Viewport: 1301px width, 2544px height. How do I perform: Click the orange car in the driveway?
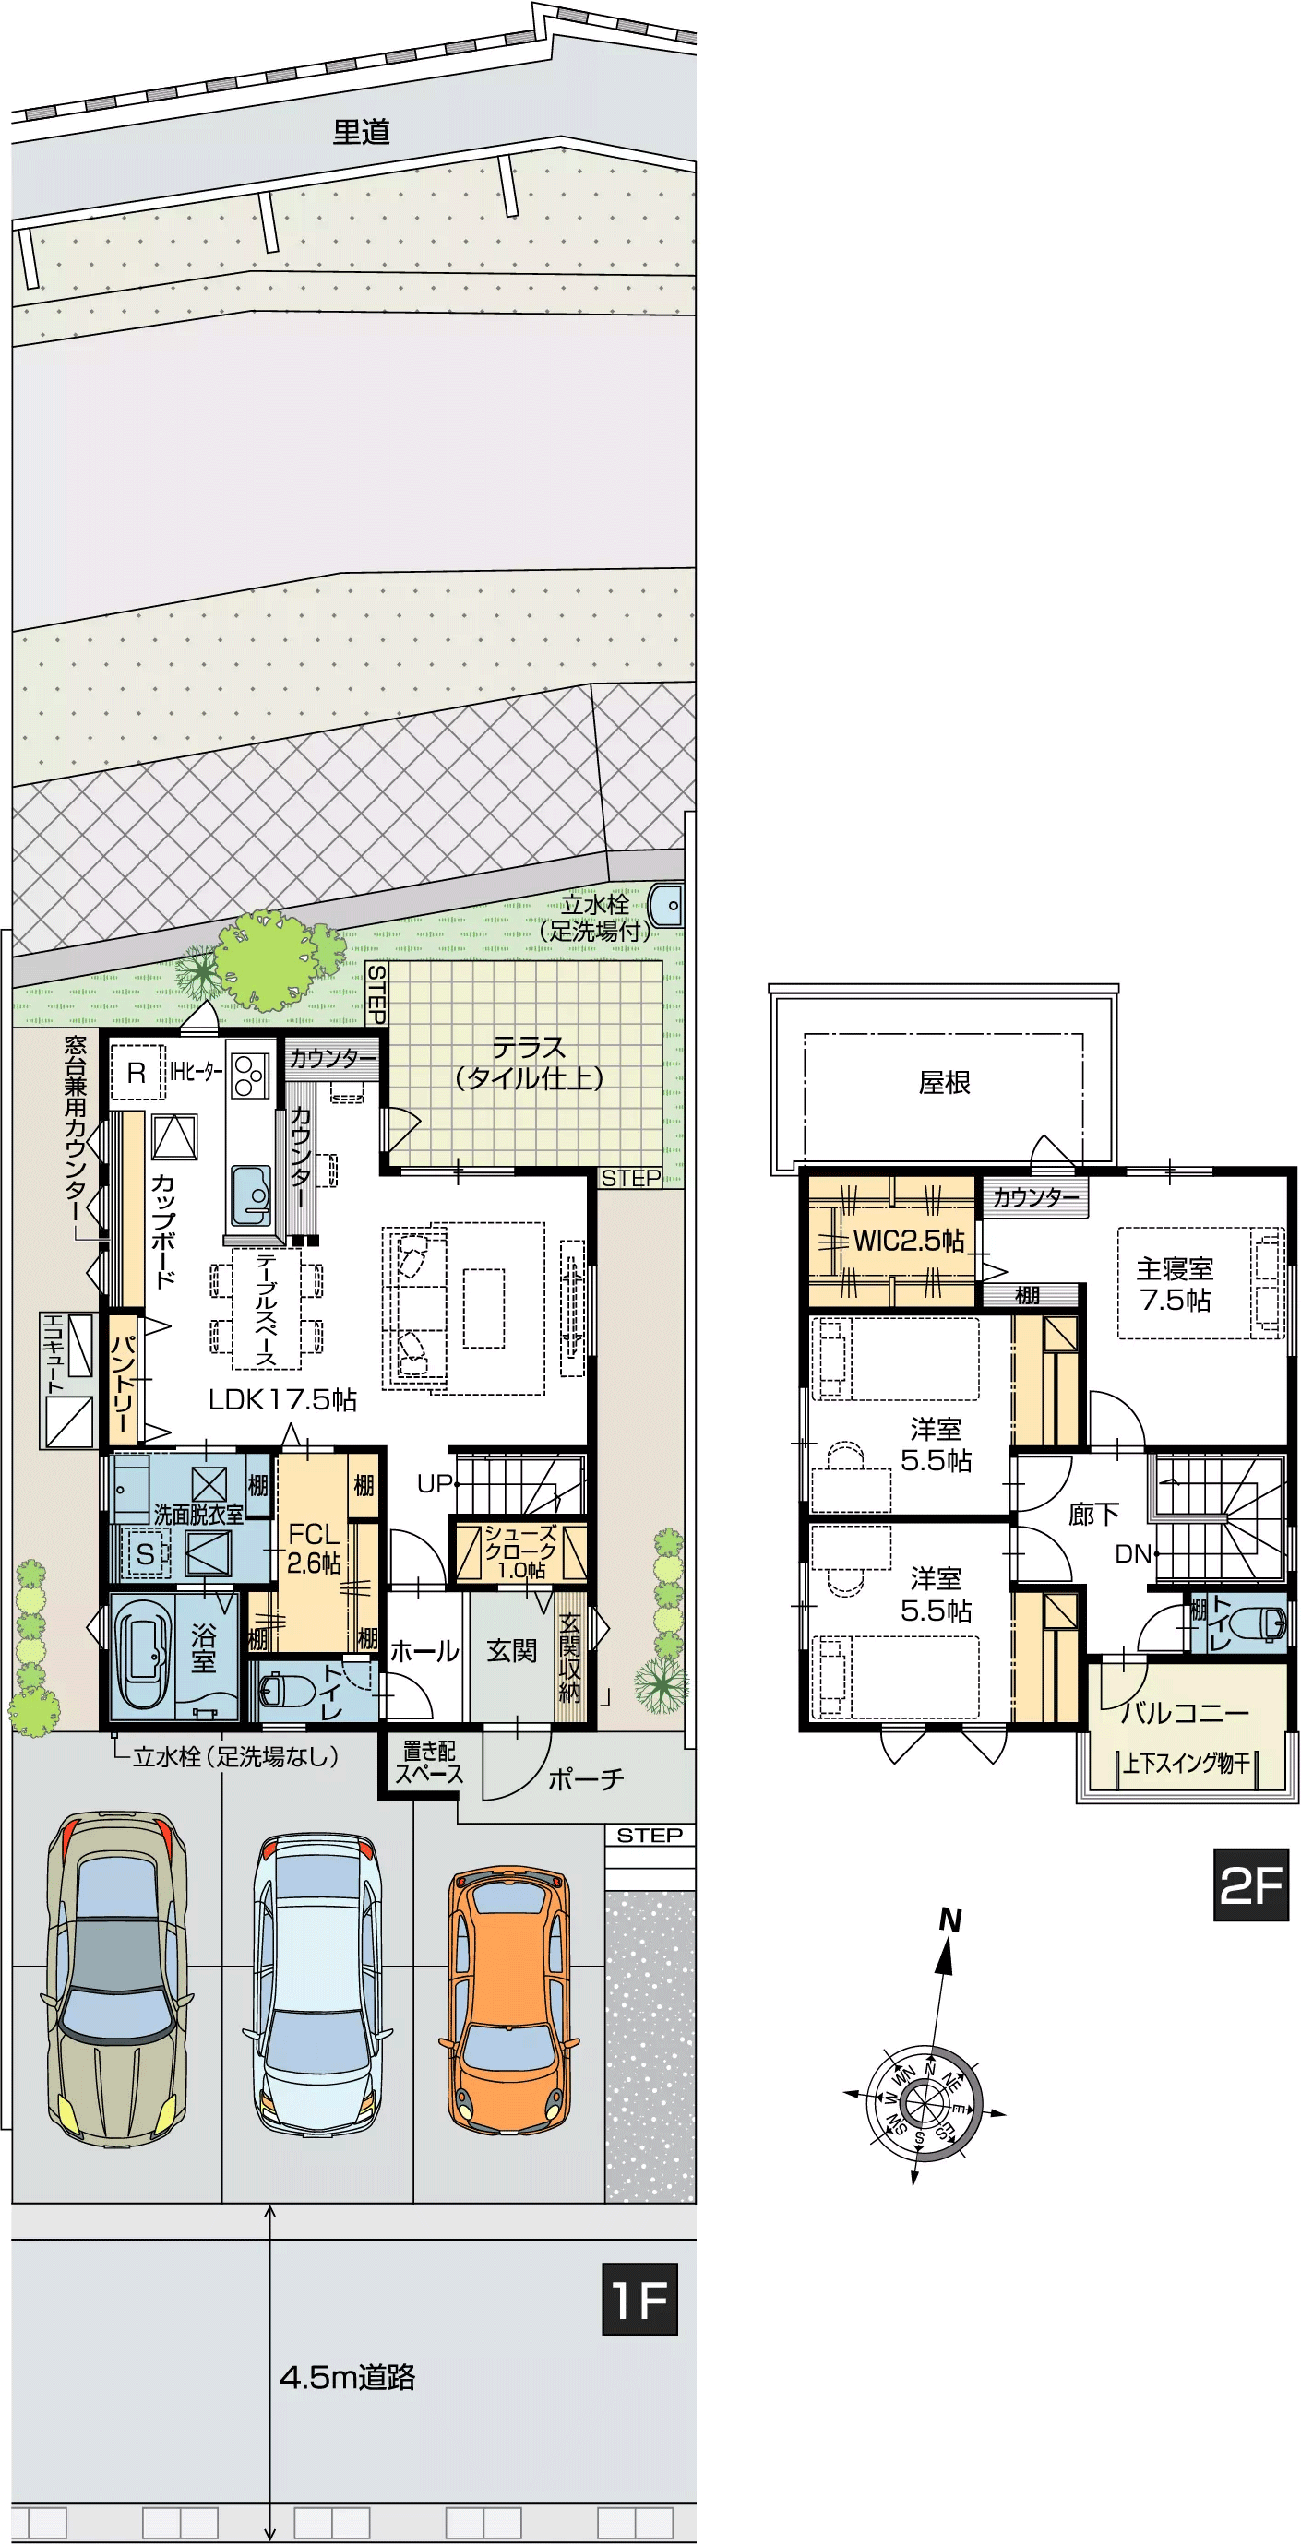coord(509,2001)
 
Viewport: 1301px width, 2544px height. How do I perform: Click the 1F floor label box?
coord(640,2298)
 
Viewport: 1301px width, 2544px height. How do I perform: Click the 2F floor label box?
coord(1250,1884)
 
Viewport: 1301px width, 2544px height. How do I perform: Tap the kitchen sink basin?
coord(251,1195)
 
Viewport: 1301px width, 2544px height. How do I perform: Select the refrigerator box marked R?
coord(137,1072)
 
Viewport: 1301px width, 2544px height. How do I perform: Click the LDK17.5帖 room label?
coord(282,1398)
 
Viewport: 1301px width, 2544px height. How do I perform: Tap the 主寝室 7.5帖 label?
coord(1175,1284)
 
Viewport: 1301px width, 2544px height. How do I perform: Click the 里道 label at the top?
coord(362,131)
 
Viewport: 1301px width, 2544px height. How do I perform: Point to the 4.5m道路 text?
coord(348,2376)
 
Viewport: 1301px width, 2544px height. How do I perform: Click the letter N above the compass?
coord(950,1920)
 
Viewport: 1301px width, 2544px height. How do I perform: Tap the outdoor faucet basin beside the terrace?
coord(667,904)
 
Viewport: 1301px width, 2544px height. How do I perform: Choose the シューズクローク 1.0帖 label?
coord(520,1551)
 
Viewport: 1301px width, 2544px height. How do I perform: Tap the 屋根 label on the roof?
coord(945,1082)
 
